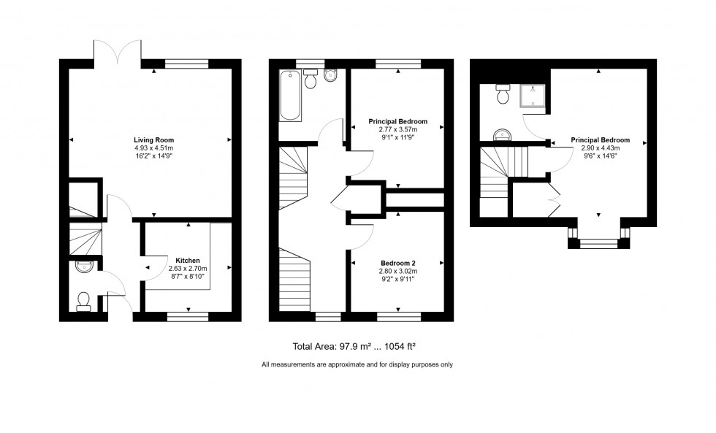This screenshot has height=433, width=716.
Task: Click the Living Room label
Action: point(153,139)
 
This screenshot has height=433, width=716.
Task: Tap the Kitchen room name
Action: point(188,260)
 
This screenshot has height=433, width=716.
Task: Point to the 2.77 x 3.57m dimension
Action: point(397,130)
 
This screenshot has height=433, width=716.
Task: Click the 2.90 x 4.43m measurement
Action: point(600,148)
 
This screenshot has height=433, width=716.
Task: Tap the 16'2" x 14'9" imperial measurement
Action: point(153,156)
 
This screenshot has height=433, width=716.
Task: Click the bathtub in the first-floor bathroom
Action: point(290,95)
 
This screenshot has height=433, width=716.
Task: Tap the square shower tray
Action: point(533,95)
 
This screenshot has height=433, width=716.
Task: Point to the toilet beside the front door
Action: point(83,301)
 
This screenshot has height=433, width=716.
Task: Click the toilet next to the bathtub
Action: point(311,79)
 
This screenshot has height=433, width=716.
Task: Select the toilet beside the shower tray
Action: point(503,94)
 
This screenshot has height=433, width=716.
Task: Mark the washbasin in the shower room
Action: point(503,134)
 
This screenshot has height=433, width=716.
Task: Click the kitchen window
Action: point(188,316)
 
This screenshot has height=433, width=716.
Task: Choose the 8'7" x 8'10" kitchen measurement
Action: point(188,276)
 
